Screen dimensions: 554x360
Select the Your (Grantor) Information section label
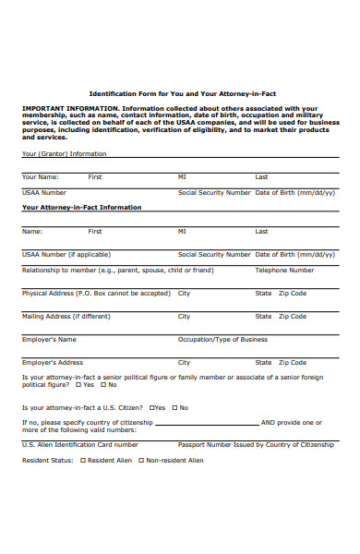64,153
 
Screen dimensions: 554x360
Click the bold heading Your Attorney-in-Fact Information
81,208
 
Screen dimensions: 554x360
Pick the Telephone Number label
284,271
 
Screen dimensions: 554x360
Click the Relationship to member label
117,271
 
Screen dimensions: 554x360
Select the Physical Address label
96,293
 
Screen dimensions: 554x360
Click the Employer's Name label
49,339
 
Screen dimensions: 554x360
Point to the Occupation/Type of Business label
222,339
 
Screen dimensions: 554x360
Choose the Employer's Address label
53,362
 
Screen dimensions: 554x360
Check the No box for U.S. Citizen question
174,407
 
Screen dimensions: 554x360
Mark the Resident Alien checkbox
82,460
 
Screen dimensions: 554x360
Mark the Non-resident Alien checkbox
141,460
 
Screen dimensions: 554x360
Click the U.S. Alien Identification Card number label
79,444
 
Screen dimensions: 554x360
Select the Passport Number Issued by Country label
256,444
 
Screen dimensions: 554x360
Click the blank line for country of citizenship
207,424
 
